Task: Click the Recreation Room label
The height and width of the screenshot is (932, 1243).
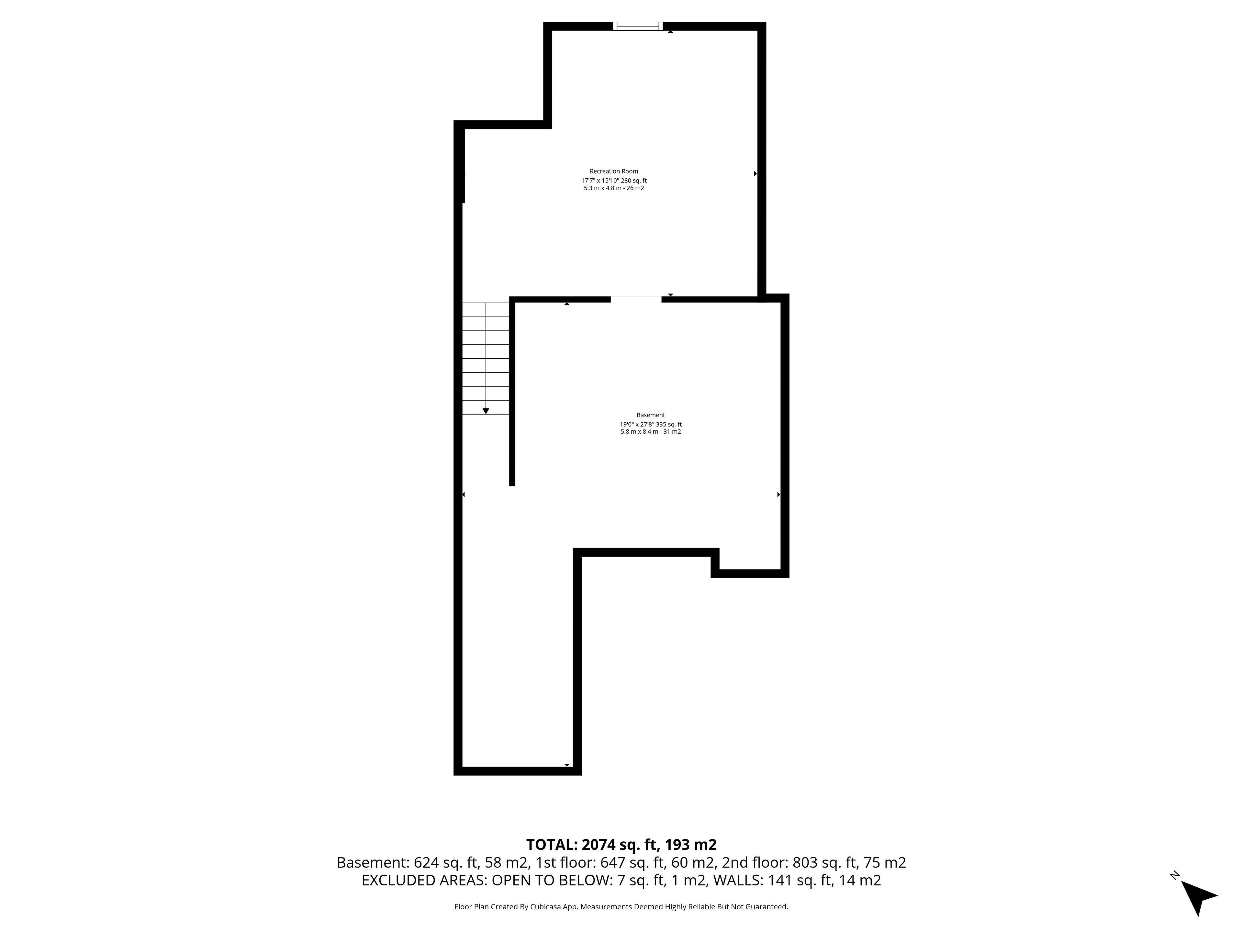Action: coord(614,171)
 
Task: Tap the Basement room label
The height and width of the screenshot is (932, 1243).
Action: coord(651,415)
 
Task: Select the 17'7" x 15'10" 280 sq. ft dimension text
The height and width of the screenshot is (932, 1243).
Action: coord(614,180)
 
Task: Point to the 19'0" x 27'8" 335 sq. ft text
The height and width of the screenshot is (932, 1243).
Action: coord(651,424)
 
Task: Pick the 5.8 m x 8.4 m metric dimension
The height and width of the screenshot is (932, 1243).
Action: coord(640,431)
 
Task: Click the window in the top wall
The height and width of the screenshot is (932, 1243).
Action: coord(638,26)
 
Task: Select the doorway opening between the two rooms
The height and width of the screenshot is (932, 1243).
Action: coord(636,299)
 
